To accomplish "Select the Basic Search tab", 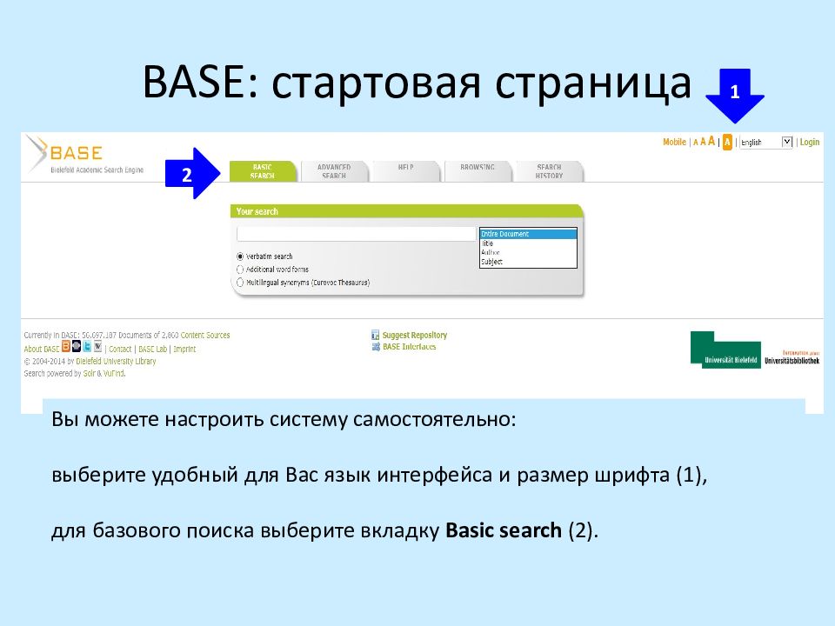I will click(262, 171).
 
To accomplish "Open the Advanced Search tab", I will click(334, 171).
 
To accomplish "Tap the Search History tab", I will click(549, 171).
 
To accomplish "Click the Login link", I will click(810, 142).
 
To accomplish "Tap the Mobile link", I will click(674, 142).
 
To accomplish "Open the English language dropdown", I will click(765, 142).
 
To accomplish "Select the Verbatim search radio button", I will click(240, 256).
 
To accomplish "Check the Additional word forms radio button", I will click(240, 270).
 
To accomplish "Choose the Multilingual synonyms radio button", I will click(240, 283).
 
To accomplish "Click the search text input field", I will click(357, 234).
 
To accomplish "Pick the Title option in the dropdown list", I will click(488, 243).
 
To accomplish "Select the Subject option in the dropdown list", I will click(491, 262).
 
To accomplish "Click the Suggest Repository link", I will click(414, 335).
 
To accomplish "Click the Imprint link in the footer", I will click(184, 349).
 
